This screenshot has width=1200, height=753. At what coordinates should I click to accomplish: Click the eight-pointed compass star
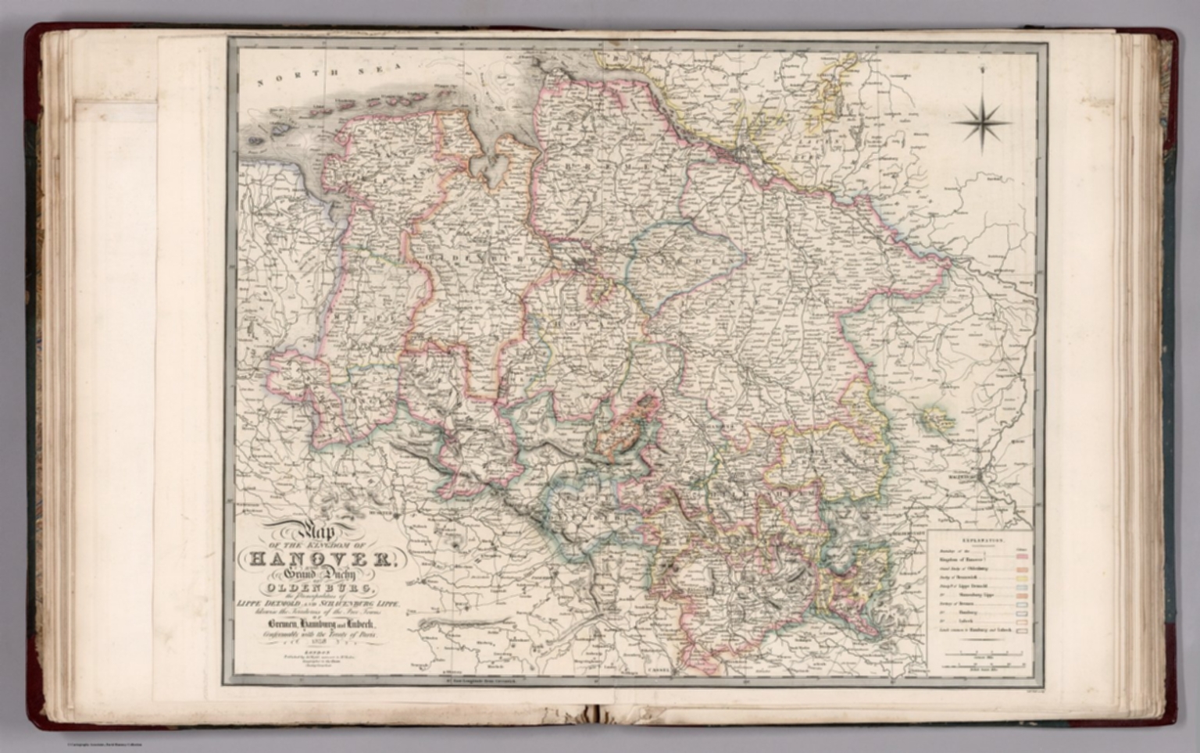coord(982,122)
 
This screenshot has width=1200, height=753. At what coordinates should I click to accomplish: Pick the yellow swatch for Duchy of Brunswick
coord(1021,583)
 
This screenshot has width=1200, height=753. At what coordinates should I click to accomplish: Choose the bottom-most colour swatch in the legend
coord(1021,630)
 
